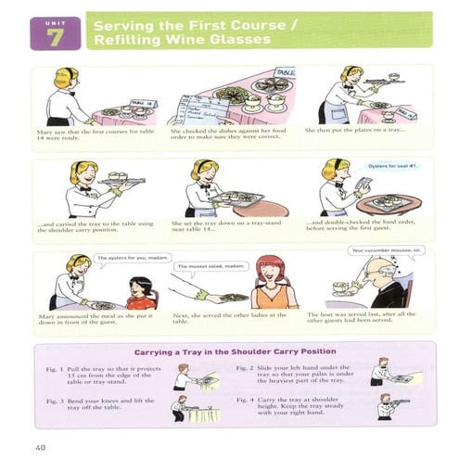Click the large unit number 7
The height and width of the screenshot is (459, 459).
(55, 36)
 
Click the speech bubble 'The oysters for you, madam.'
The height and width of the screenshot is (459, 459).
(127, 258)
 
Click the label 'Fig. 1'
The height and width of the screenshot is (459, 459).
(54, 369)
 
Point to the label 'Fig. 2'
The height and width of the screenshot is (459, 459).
(246, 368)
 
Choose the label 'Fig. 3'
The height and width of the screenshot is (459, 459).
(54, 400)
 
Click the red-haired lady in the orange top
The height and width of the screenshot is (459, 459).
(271, 285)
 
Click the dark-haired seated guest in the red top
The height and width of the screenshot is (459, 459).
(141, 292)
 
